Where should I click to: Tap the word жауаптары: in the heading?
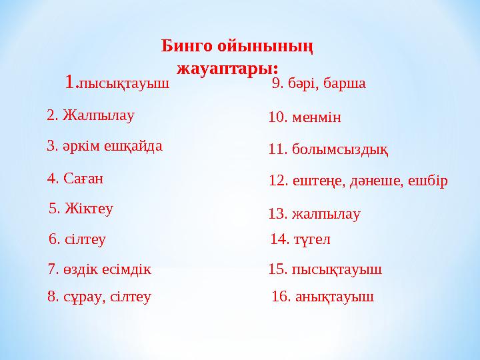227,67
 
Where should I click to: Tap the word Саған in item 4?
84,178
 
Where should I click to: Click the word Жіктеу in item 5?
89,209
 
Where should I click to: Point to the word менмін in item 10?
317,118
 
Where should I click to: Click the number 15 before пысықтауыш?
276,270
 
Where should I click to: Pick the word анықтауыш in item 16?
333,297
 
